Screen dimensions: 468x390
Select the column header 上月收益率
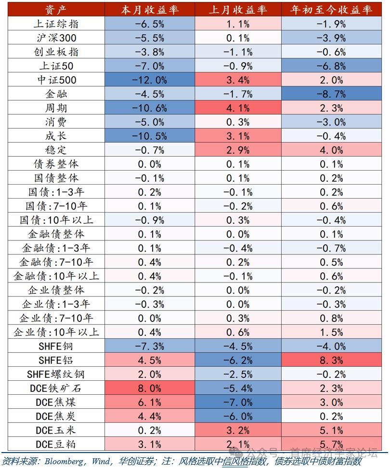click(x=239, y=10)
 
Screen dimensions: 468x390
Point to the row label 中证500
click(x=56, y=80)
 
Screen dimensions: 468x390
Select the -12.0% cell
click(x=151, y=80)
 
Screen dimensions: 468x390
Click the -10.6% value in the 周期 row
click(x=151, y=108)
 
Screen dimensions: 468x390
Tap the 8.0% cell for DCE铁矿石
click(x=151, y=388)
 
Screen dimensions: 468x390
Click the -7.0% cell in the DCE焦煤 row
click(x=239, y=402)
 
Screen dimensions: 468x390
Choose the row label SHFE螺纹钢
click(x=56, y=374)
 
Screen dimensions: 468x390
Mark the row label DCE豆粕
click(x=56, y=444)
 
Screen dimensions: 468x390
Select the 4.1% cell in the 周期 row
click(x=239, y=108)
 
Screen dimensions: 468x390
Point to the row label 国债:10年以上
click(x=56, y=220)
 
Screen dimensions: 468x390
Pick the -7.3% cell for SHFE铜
click(x=151, y=346)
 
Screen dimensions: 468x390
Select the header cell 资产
click(x=56, y=10)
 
